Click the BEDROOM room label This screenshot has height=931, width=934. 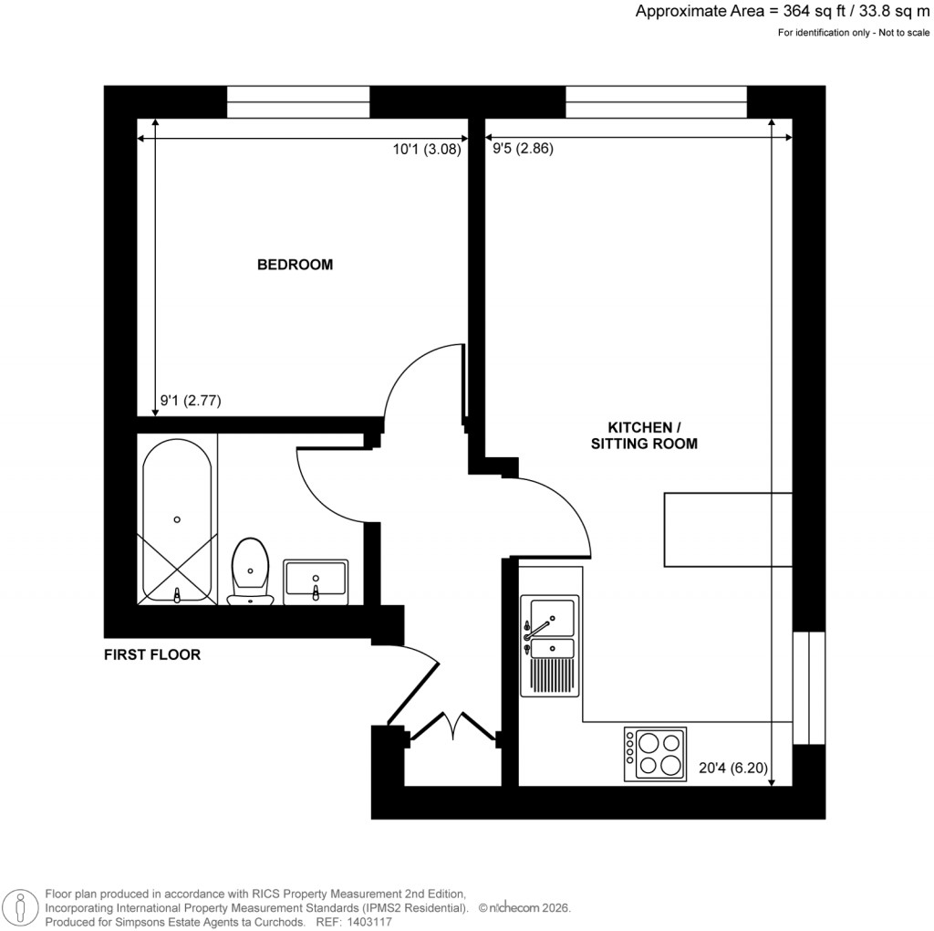pos(295,266)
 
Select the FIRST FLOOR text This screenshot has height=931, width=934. pos(151,654)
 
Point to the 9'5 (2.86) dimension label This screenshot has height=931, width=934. pos(523,150)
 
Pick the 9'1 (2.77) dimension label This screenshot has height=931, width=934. pos(191,400)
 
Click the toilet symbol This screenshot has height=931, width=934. pos(250,571)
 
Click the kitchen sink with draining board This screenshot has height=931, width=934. pos(549,644)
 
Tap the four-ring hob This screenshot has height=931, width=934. pos(655,754)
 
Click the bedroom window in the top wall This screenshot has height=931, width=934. pos(298,101)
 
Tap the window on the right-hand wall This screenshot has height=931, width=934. pos(808,686)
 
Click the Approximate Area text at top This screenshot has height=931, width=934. pos(782,12)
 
